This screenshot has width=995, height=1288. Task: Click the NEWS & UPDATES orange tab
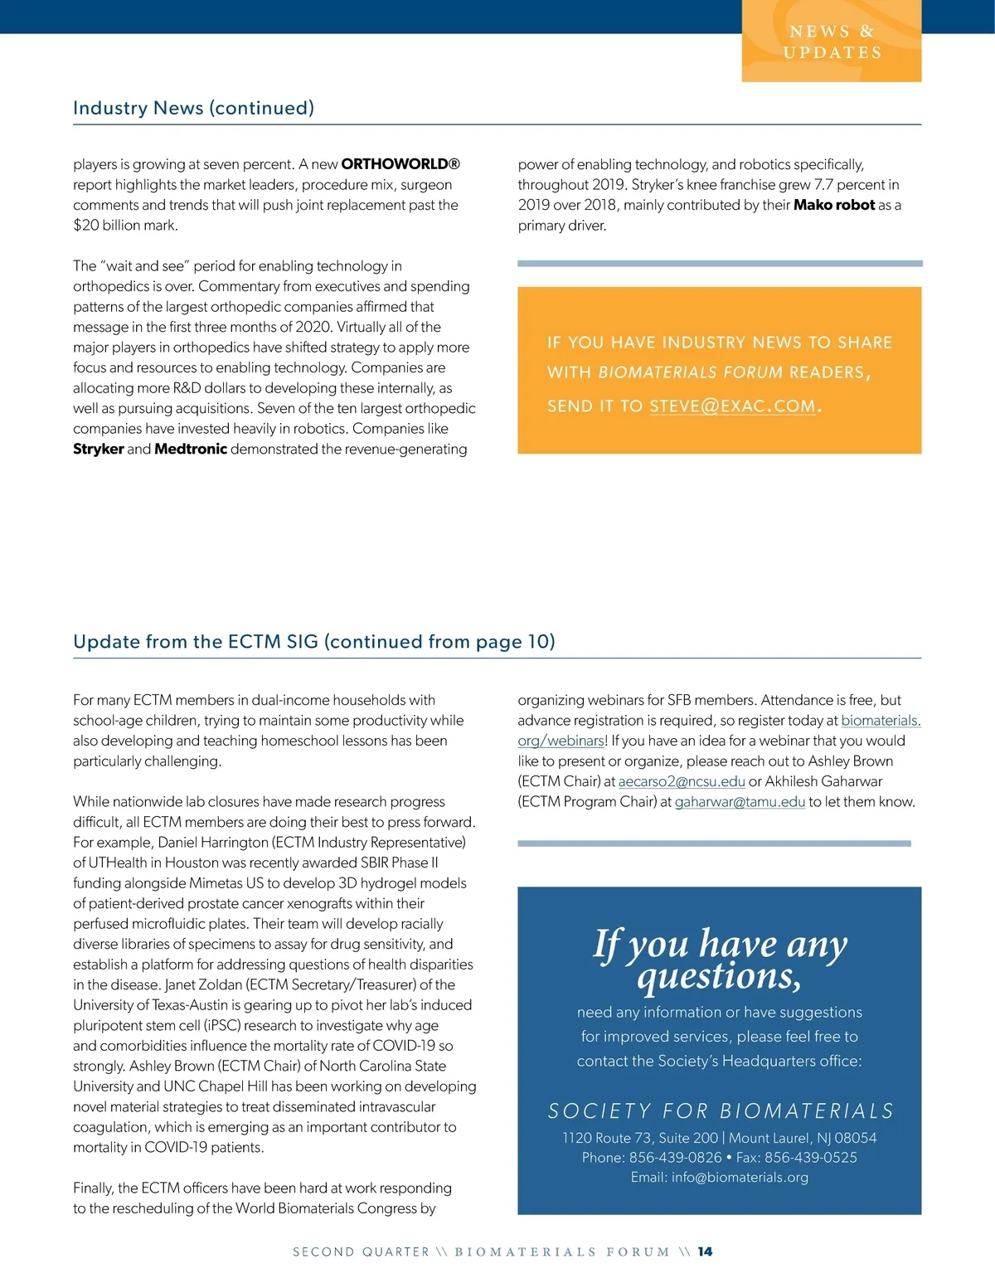click(832, 41)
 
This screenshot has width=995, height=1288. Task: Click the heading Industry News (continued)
click(193, 108)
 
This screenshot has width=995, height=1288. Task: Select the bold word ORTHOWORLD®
click(400, 164)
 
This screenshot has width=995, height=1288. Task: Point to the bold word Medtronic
click(191, 449)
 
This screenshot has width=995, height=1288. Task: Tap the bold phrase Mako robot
click(834, 205)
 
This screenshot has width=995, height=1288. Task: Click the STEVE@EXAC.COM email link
click(732, 406)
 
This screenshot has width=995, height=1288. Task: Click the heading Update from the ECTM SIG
click(313, 641)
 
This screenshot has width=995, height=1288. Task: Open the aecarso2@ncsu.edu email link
click(682, 781)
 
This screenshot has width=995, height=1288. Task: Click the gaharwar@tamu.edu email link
click(740, 802)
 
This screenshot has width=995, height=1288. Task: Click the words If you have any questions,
click(719, 960)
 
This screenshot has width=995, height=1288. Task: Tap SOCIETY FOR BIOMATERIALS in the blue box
click(721, 1111)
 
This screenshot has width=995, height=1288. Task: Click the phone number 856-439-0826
click(675, 1158)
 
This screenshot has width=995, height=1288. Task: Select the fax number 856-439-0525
click(810, 1158)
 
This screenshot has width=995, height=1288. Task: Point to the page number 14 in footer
click(705, 1252)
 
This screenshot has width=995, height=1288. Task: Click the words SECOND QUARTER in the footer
click(361, 1252)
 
